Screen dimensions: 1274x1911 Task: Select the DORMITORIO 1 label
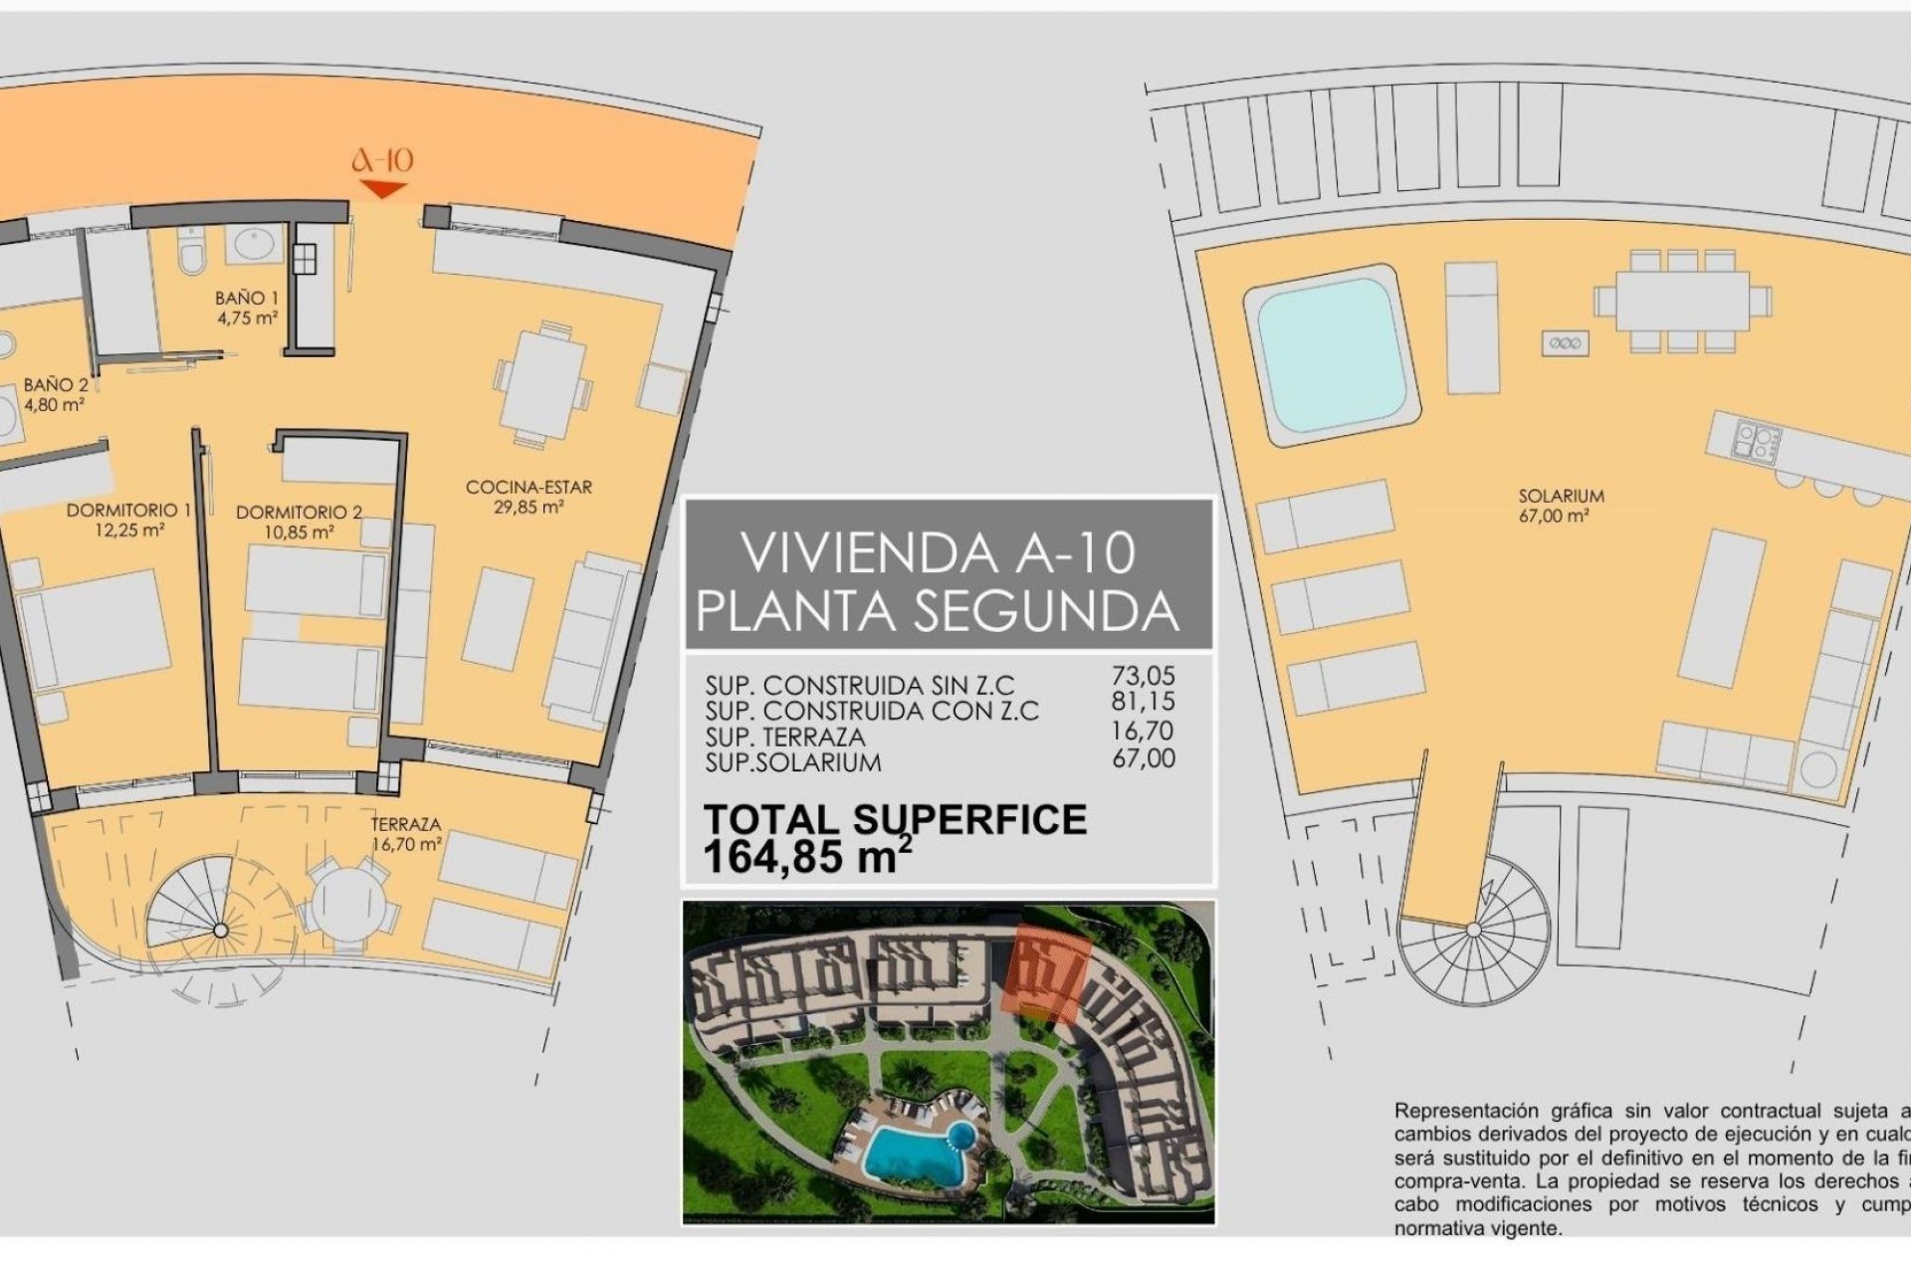[x=128, y=511]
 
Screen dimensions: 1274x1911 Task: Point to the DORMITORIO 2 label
[x=299, y=513]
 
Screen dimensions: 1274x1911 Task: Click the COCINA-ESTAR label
[x=529, y=488]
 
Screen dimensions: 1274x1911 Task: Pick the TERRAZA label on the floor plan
[x=405, y=825]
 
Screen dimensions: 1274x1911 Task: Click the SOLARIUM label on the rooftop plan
[x=1561, y=496]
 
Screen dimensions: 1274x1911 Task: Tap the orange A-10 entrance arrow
[x=383, y=189]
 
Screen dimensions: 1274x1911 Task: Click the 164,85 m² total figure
[x=806, y=857]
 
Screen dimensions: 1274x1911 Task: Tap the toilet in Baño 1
[x=191, y=252]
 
